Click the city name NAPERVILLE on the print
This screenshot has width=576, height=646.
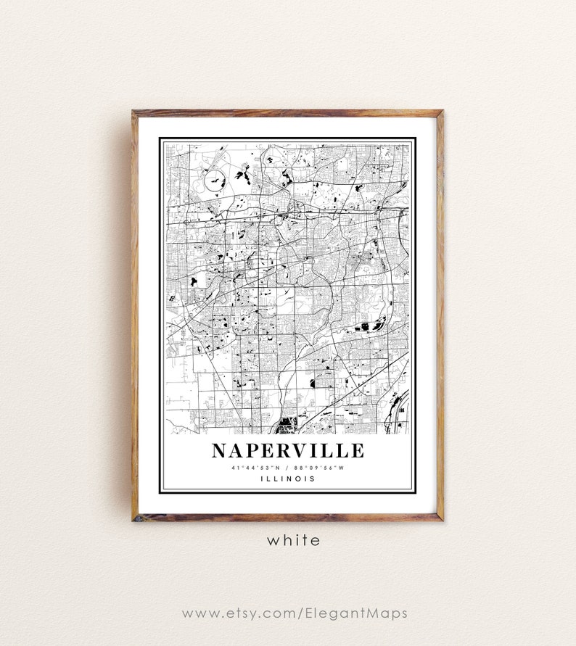click(x=287, y=450)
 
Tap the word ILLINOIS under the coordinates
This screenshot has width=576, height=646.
click(x=288, y=479)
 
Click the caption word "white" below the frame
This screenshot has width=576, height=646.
click(x=293, y=540)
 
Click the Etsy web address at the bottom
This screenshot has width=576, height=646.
click(x=294, y=613)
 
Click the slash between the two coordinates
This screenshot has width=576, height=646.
click(x=289, y=467)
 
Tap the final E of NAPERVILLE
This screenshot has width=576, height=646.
click(x=356, y=450)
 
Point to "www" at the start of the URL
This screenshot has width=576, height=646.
click(x=196, y=614)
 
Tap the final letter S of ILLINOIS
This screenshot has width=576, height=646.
click(x=313, y=479)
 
